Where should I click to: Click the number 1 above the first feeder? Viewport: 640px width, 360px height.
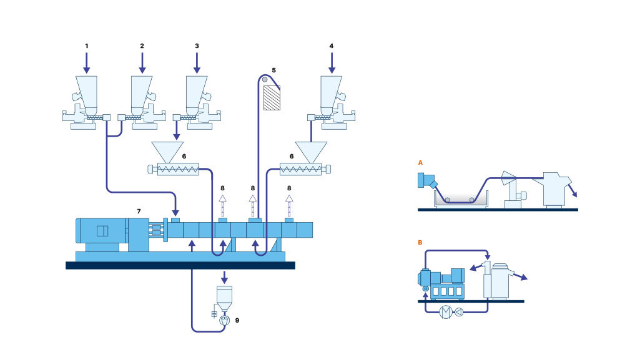[87, 46]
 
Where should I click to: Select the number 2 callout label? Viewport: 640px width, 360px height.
[142, 46]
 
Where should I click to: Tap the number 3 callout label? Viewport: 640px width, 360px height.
[197, 46]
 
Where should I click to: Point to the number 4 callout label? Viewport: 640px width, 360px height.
[331, 46]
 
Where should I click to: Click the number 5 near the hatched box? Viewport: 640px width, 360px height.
[273, 70]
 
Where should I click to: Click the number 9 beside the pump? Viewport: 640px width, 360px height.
[236, 320]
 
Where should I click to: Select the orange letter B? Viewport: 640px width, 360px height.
[420, 241]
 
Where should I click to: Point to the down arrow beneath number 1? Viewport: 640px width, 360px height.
[87, 62]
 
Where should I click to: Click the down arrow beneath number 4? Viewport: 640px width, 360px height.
[331, 62]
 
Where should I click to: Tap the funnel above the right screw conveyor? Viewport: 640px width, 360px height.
[311, 150]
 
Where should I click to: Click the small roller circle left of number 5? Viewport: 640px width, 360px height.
[265, 80]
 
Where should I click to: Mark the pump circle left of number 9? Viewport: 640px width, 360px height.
[225, 319]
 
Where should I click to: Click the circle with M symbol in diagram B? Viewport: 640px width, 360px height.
[446, 311]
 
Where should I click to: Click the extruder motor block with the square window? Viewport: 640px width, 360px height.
[102, 231]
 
